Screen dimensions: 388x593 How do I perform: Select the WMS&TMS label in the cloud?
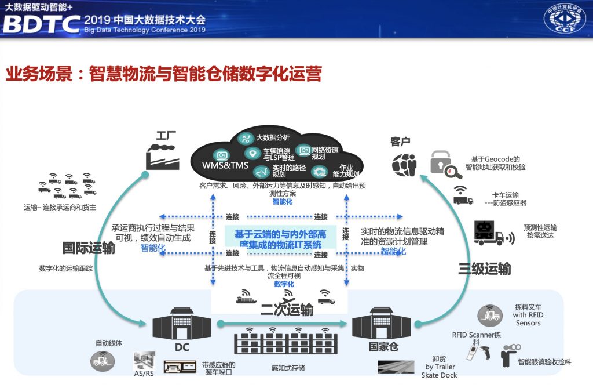225,165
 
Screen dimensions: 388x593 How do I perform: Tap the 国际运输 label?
89,249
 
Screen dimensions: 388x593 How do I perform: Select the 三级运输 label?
485,269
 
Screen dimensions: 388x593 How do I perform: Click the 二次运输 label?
287,310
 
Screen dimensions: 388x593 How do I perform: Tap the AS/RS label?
144,374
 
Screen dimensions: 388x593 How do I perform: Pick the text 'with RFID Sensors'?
528,319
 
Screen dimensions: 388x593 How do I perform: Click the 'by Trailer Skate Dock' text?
441,371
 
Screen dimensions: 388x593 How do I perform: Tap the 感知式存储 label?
288,368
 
